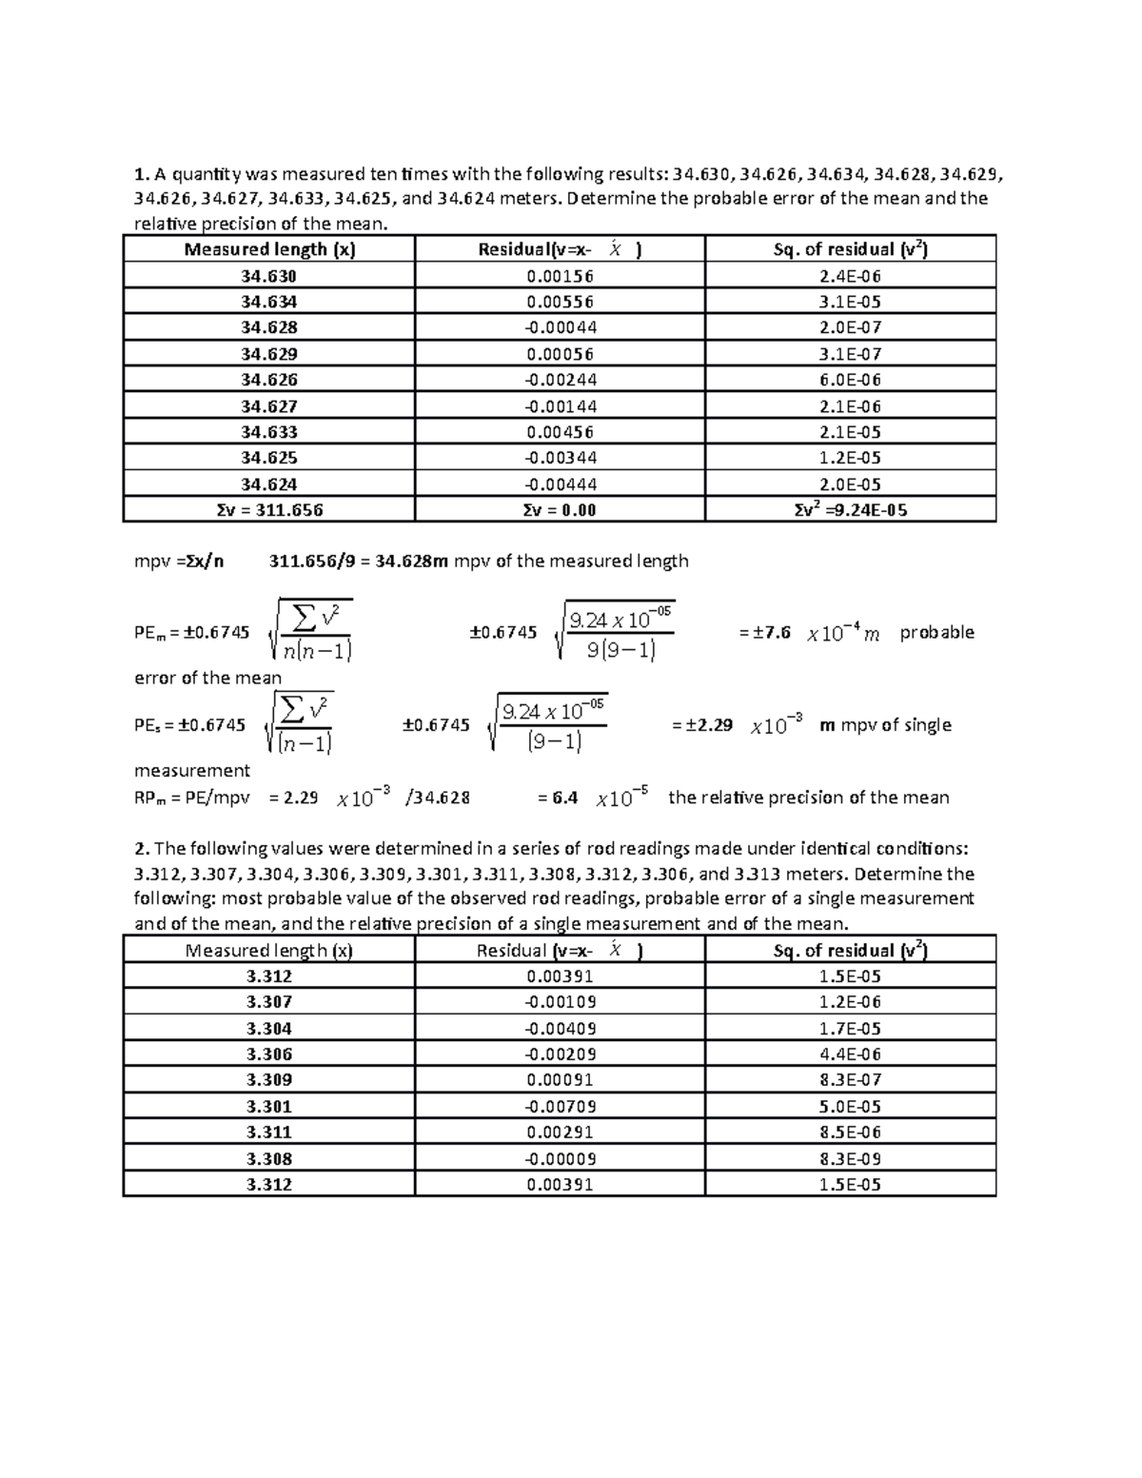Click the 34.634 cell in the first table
(x=268, y=302)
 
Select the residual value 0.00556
(x=560, y=302)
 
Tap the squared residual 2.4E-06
(x=850, y=276)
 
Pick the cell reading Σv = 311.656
(x=269, y=510)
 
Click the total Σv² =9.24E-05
(x=850, y=510)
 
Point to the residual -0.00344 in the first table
(x=560, y=458)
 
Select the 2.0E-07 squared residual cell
(x=850, y=327)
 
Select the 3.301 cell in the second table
(x=268, y=1107)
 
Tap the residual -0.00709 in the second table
(x=560, y=1107)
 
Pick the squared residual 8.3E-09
(x=850, y=1159)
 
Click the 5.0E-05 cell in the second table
(x=850, y=1107)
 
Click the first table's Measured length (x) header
(x=269, y=249)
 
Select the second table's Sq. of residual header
(x=850, y=950)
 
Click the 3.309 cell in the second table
(x=268, y=1080)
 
